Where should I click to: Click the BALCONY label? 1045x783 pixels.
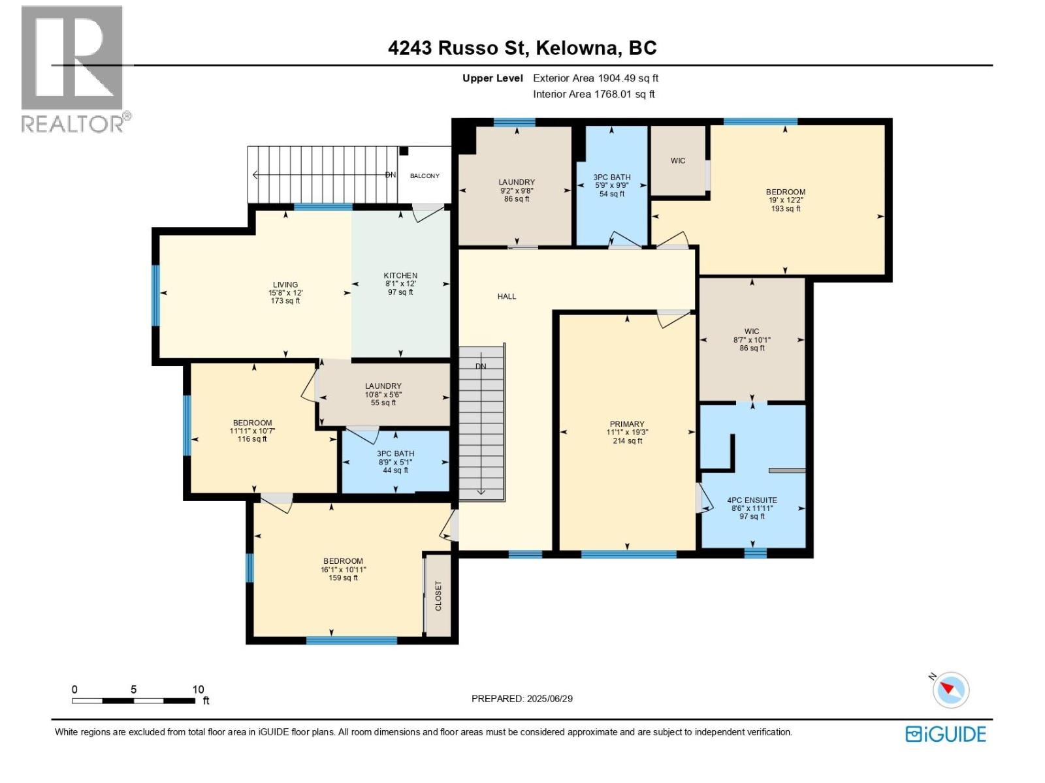point(425,176)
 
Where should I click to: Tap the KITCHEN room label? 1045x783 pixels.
point(400,275)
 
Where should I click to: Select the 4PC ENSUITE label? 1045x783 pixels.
point(752,500)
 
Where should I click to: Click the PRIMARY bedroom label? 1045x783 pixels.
point(627,424)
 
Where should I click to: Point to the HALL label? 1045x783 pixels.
point(507,296)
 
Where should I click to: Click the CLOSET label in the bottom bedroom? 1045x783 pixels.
point(438,596)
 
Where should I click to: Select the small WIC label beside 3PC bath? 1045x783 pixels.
point(678,161)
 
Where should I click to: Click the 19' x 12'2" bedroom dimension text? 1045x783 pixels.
point(785,200)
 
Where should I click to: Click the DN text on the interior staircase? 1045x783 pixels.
point(481,366)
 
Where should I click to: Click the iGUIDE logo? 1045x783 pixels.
point(946,734)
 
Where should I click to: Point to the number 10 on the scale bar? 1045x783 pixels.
point(198,689)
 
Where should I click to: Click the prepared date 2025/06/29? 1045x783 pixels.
point(549,698)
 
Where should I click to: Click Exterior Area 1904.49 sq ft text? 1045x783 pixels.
point(596,78)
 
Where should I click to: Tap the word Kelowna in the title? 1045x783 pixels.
point(577,48)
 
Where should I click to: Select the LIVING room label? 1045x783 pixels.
point(285,284)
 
